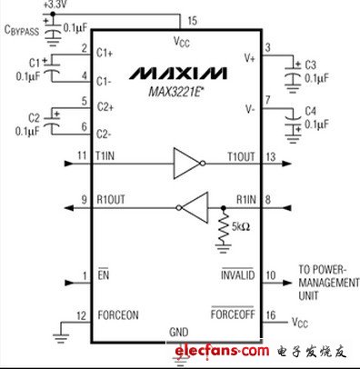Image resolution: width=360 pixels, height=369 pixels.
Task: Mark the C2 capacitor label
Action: coord(35,118)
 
